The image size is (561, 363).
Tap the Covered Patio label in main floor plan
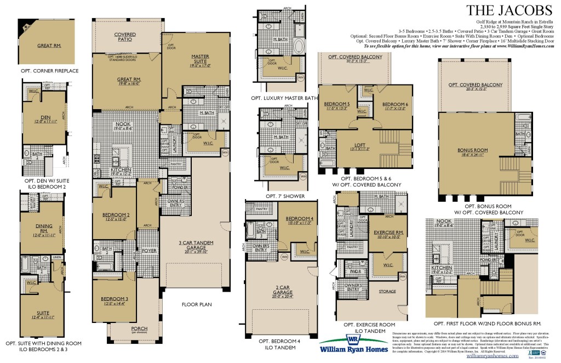125,37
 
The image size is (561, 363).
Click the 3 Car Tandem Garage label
196,245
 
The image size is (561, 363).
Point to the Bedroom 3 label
115,299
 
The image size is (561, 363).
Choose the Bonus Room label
472,152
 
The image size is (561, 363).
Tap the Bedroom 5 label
336,105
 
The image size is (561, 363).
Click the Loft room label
360,146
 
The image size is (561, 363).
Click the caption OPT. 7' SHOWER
285,196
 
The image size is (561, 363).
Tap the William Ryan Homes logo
351,344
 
